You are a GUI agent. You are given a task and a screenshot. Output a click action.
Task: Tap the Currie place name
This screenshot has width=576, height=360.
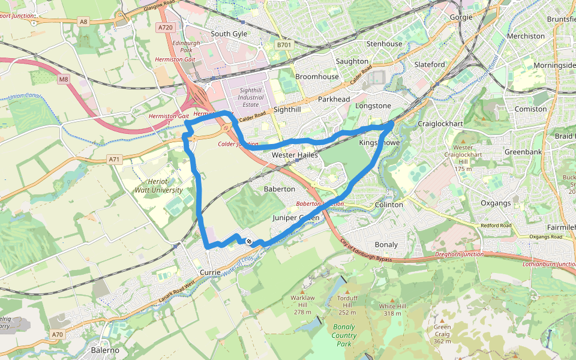point(210,272)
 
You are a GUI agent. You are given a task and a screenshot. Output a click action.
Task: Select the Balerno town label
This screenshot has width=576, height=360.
point(105,350)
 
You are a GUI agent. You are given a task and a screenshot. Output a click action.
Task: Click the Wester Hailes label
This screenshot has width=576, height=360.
point(295,155)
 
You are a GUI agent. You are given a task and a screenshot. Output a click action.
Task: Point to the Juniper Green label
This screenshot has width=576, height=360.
point(296,217)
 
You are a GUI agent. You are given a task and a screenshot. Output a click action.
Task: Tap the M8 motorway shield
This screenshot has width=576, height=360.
point(64,79)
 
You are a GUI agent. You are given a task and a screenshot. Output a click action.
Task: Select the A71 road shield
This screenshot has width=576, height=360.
point(115,160)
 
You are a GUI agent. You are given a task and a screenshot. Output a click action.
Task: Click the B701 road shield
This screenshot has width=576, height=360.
point(284,45)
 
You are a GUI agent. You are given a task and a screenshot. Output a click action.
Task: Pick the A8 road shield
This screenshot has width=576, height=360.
point(83,22)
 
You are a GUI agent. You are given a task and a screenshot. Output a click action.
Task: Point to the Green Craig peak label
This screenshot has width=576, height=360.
point(442,334)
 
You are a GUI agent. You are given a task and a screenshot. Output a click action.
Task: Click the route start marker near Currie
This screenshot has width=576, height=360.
point(248,241)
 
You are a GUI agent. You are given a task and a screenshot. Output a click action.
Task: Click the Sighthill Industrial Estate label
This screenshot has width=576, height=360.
point(251,97)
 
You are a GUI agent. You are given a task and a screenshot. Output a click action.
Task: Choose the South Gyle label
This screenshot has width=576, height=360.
point(229,34)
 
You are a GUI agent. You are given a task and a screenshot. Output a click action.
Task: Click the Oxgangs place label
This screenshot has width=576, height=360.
point(496,203)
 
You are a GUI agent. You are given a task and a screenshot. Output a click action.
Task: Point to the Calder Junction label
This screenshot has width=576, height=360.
point(238,144)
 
